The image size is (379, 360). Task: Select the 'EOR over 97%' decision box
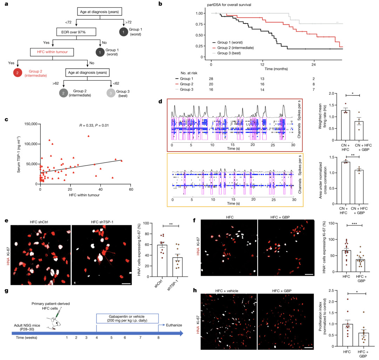point(71,32)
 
